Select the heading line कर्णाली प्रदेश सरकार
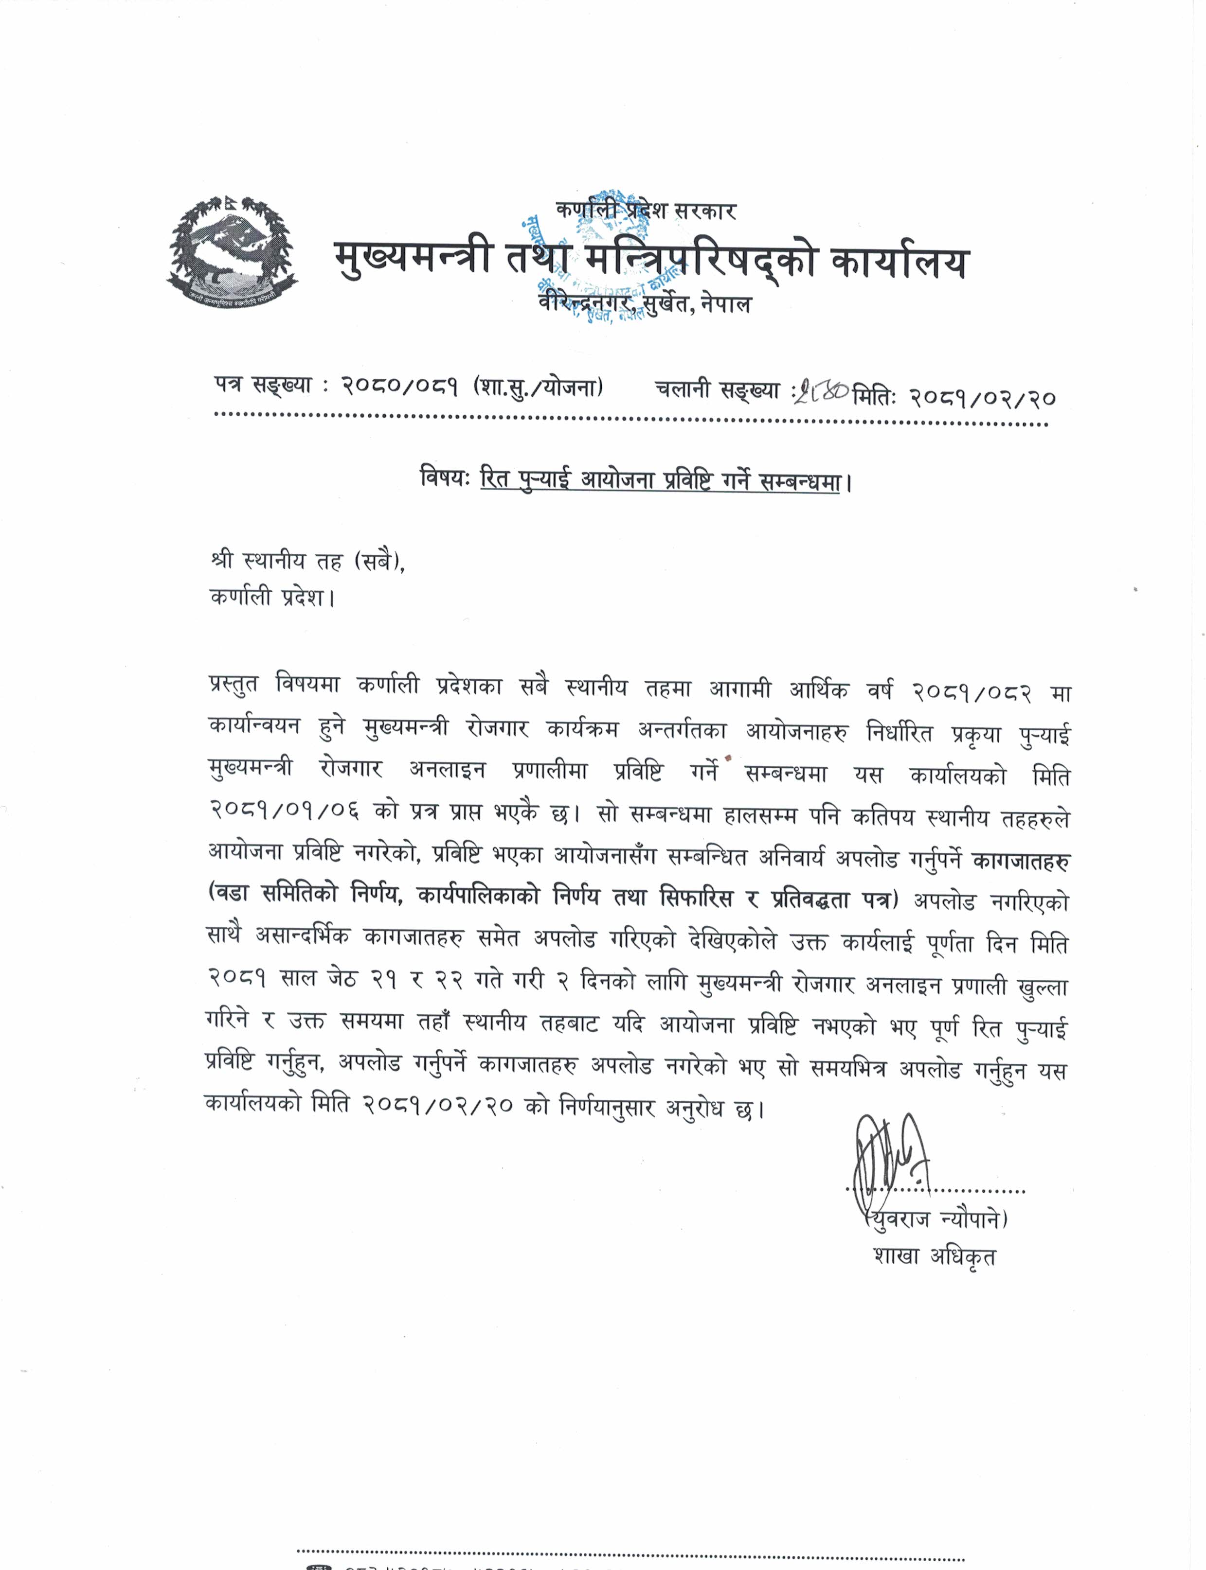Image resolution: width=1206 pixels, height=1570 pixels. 646,210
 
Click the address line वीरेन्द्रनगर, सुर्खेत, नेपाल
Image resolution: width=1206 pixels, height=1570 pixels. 645,304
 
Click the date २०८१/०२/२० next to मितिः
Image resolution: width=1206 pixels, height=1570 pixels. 982,396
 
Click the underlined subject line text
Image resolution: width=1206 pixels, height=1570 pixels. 660,479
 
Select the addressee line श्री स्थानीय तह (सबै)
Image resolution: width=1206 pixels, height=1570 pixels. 309,561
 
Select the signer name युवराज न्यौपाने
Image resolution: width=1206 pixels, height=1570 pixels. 937,1219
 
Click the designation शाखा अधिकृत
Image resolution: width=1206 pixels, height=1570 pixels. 934,1256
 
